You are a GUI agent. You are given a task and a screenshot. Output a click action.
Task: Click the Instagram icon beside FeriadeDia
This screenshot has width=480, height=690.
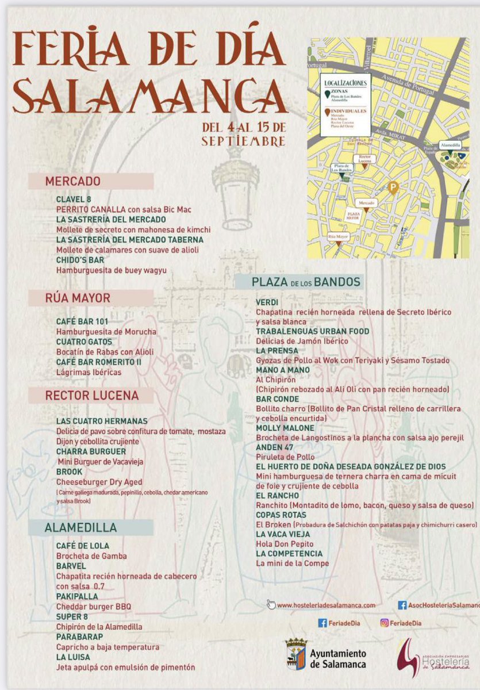[x=384, y=623]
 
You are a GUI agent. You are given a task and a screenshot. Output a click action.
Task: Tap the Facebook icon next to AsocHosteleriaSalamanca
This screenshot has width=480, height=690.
[x=402, y=605]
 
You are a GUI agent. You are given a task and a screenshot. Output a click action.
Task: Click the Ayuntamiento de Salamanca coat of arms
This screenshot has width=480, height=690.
[x=296, y=654]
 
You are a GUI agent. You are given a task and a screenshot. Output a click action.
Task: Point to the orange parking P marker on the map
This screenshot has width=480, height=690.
[x=393, y=187]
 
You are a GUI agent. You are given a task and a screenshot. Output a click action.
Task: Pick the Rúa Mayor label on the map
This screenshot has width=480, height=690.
[x=339, y=236]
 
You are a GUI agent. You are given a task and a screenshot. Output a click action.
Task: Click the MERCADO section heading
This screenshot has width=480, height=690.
[x=73, y=181]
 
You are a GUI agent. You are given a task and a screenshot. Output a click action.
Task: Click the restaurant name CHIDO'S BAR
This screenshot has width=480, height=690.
[x=79, y=260]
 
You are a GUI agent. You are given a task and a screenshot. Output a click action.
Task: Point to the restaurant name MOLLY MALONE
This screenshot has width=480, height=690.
[x=285, y=428]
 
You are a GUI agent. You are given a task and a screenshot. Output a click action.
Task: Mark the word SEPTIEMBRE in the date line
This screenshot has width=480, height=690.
[x=243, y=141]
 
